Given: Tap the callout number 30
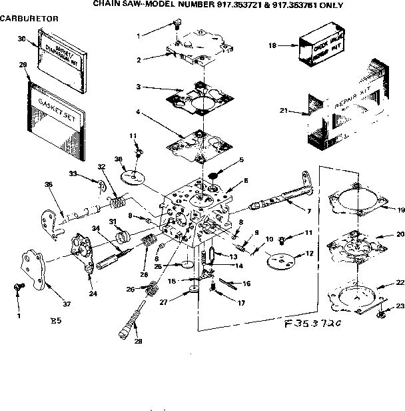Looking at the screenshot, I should [x=21, y=39].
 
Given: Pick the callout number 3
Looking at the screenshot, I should [x=138, y=87].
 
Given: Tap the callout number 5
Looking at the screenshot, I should [x=241, y=160].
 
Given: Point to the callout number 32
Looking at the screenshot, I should [x=101, y=166].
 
